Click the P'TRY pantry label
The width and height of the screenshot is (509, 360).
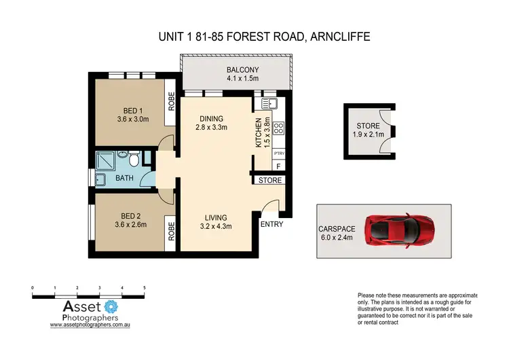click(278, 154)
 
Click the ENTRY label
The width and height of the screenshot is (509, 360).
click(272, 223)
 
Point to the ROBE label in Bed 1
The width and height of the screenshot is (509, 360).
click(172, 101)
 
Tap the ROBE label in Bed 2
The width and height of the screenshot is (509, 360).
click(172, 233)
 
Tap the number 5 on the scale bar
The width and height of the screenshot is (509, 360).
click(145, 288)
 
